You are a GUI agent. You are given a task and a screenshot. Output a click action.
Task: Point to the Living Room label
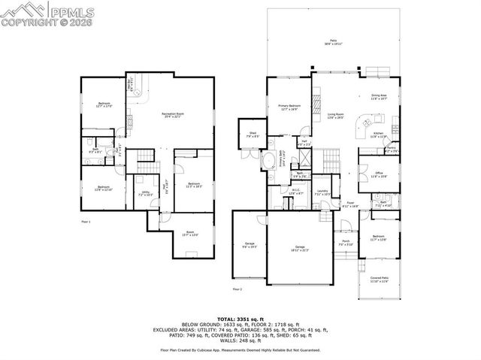[335, 116]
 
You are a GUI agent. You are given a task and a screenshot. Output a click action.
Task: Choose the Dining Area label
[379, 96]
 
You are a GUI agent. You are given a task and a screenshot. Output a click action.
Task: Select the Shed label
[253, 135]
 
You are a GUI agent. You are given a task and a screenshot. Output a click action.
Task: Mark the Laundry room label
[322, 192]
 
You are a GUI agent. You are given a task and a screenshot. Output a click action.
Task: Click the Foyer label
[350, 204]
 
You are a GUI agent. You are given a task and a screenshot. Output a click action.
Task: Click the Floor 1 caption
[86, 222]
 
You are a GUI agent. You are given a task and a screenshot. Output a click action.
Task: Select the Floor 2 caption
[237, 289]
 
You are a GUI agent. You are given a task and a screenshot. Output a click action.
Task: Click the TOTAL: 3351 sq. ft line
[240, 319]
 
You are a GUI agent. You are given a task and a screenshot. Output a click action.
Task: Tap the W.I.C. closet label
[296, 192]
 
